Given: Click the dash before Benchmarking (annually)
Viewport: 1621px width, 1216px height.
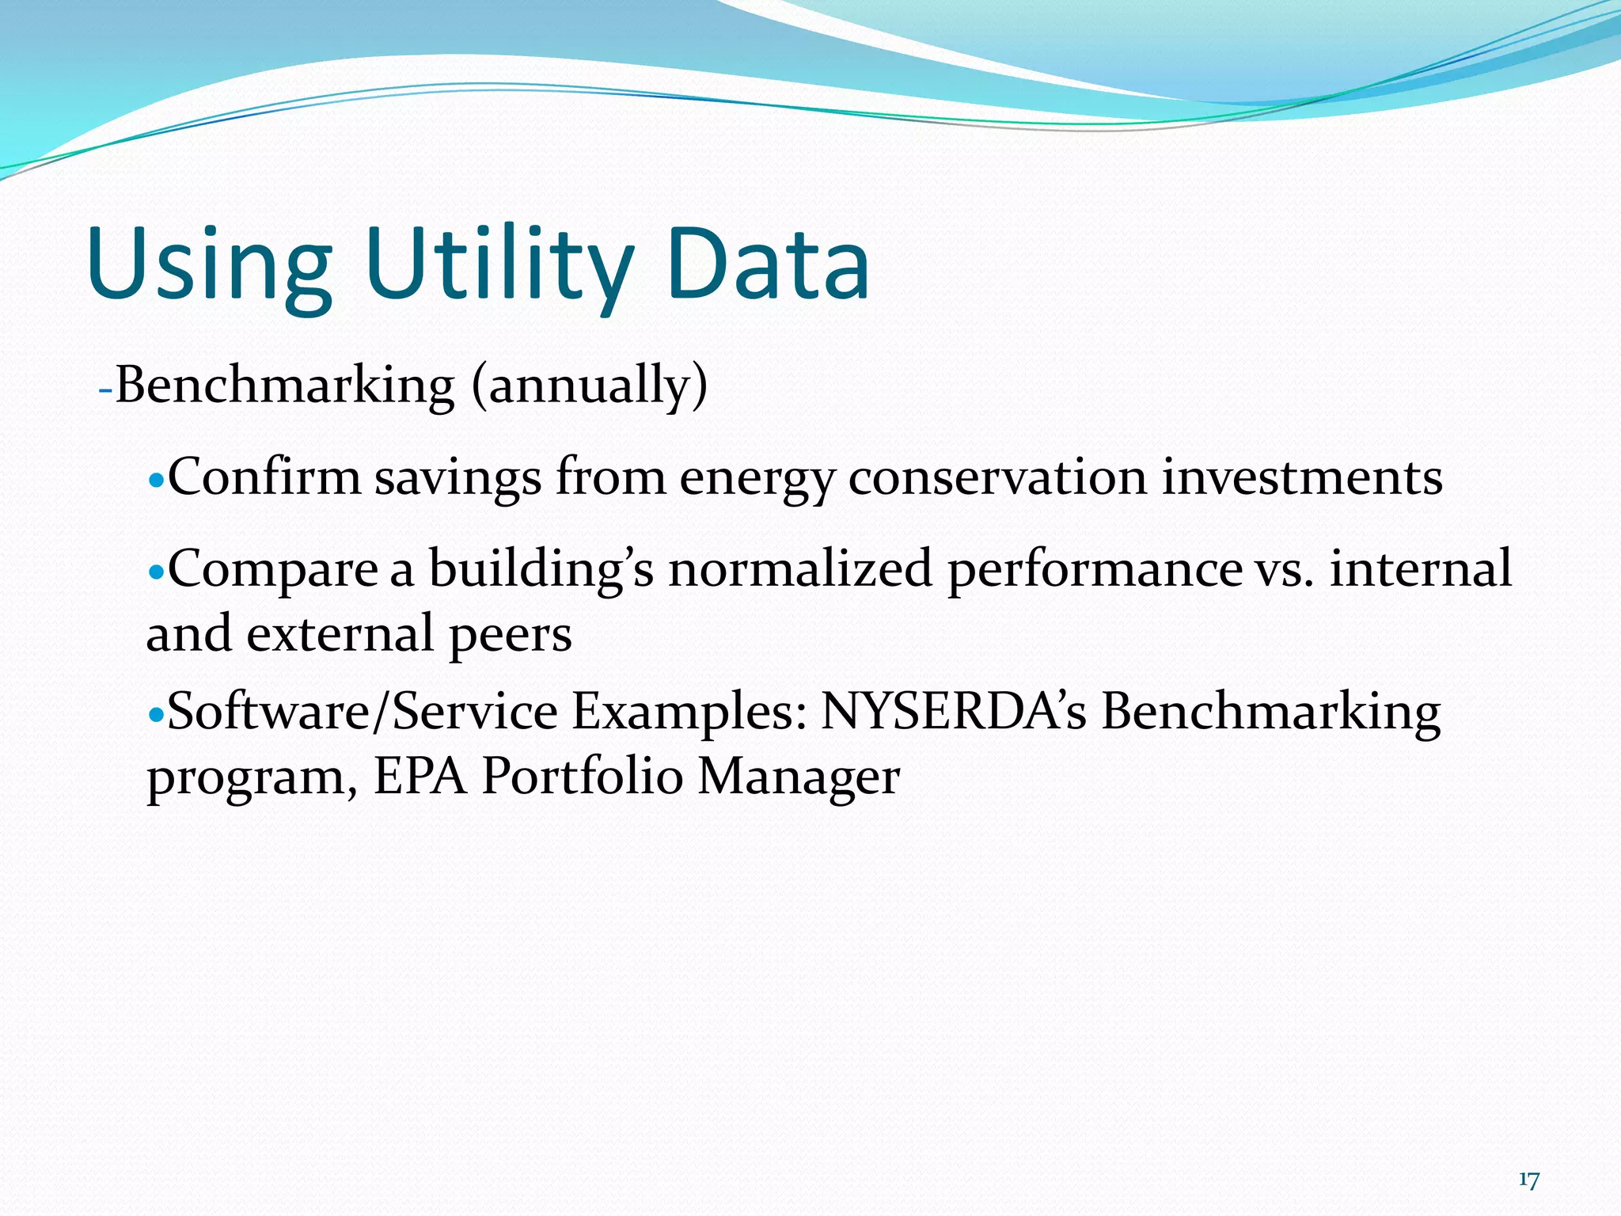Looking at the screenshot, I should (104, 390).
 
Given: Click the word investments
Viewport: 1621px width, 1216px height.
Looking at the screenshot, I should (1301, 478).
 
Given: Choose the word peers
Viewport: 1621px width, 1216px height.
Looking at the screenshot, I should (510, 636).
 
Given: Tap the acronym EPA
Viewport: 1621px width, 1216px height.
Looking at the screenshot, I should (420, 776).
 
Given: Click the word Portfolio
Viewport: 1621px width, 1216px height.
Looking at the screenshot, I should (582, 776).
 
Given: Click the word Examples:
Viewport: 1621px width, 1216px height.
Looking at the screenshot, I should (689, 712).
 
